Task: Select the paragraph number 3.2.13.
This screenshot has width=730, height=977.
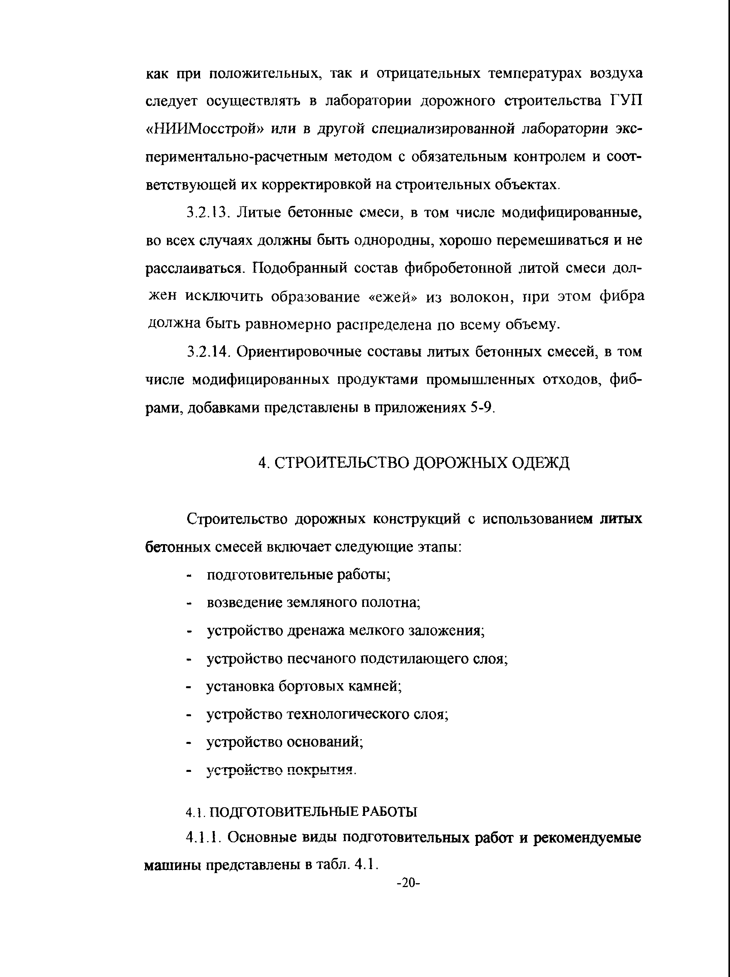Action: point(207,213)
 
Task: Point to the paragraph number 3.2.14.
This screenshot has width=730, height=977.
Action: point(207,352)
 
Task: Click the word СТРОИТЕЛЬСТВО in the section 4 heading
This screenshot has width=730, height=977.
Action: point(341,463)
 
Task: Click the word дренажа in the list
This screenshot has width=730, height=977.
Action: point(316,631)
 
